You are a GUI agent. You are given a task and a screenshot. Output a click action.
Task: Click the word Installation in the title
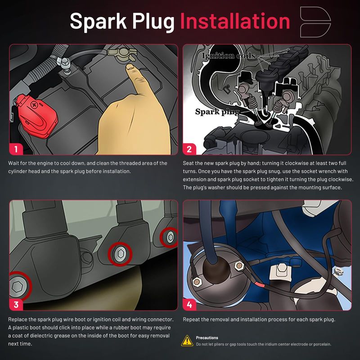pyautogui.click(x=235, y=21)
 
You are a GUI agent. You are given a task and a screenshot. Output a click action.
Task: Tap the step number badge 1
pyautogui.click(x=16, y=149)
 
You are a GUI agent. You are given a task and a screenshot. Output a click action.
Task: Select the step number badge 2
pyautogui.click(x=189, y=149)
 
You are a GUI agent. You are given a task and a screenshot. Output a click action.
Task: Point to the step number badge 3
pyautogui.click(x=16, y=305)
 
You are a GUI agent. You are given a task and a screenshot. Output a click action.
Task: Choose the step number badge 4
pyautogui.click(x=189, y=305)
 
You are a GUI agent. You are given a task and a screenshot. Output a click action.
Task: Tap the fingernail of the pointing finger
pyautogui.click(x=130, y=67)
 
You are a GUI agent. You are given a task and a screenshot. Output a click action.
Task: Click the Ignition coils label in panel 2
pyautogui.click(x=229, y=56)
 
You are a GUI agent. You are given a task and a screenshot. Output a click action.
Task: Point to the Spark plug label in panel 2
pyautogui.click(x=217, y=112)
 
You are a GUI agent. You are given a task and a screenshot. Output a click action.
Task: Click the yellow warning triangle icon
pyautogui.click(x=187, y=341)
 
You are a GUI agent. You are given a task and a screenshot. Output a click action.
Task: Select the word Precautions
pyautogui.click(x=207, y=338)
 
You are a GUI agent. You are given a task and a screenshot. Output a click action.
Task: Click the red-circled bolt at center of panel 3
pyautogui.click(x=120, y=254)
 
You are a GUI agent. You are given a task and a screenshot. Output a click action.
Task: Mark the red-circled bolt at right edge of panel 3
pyautogui.click(x=170, y=238)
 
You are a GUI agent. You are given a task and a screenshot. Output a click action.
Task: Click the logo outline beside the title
pyautogui.click(x=315, y=22)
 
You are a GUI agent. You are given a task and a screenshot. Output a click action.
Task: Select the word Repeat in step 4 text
pyautogui.click(x=190, y=319)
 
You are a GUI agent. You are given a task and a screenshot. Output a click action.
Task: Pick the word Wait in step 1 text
pyautogui.click(x=13, y=163)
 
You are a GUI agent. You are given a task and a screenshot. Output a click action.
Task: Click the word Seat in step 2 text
pyautogui.click(x=188, y=163)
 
